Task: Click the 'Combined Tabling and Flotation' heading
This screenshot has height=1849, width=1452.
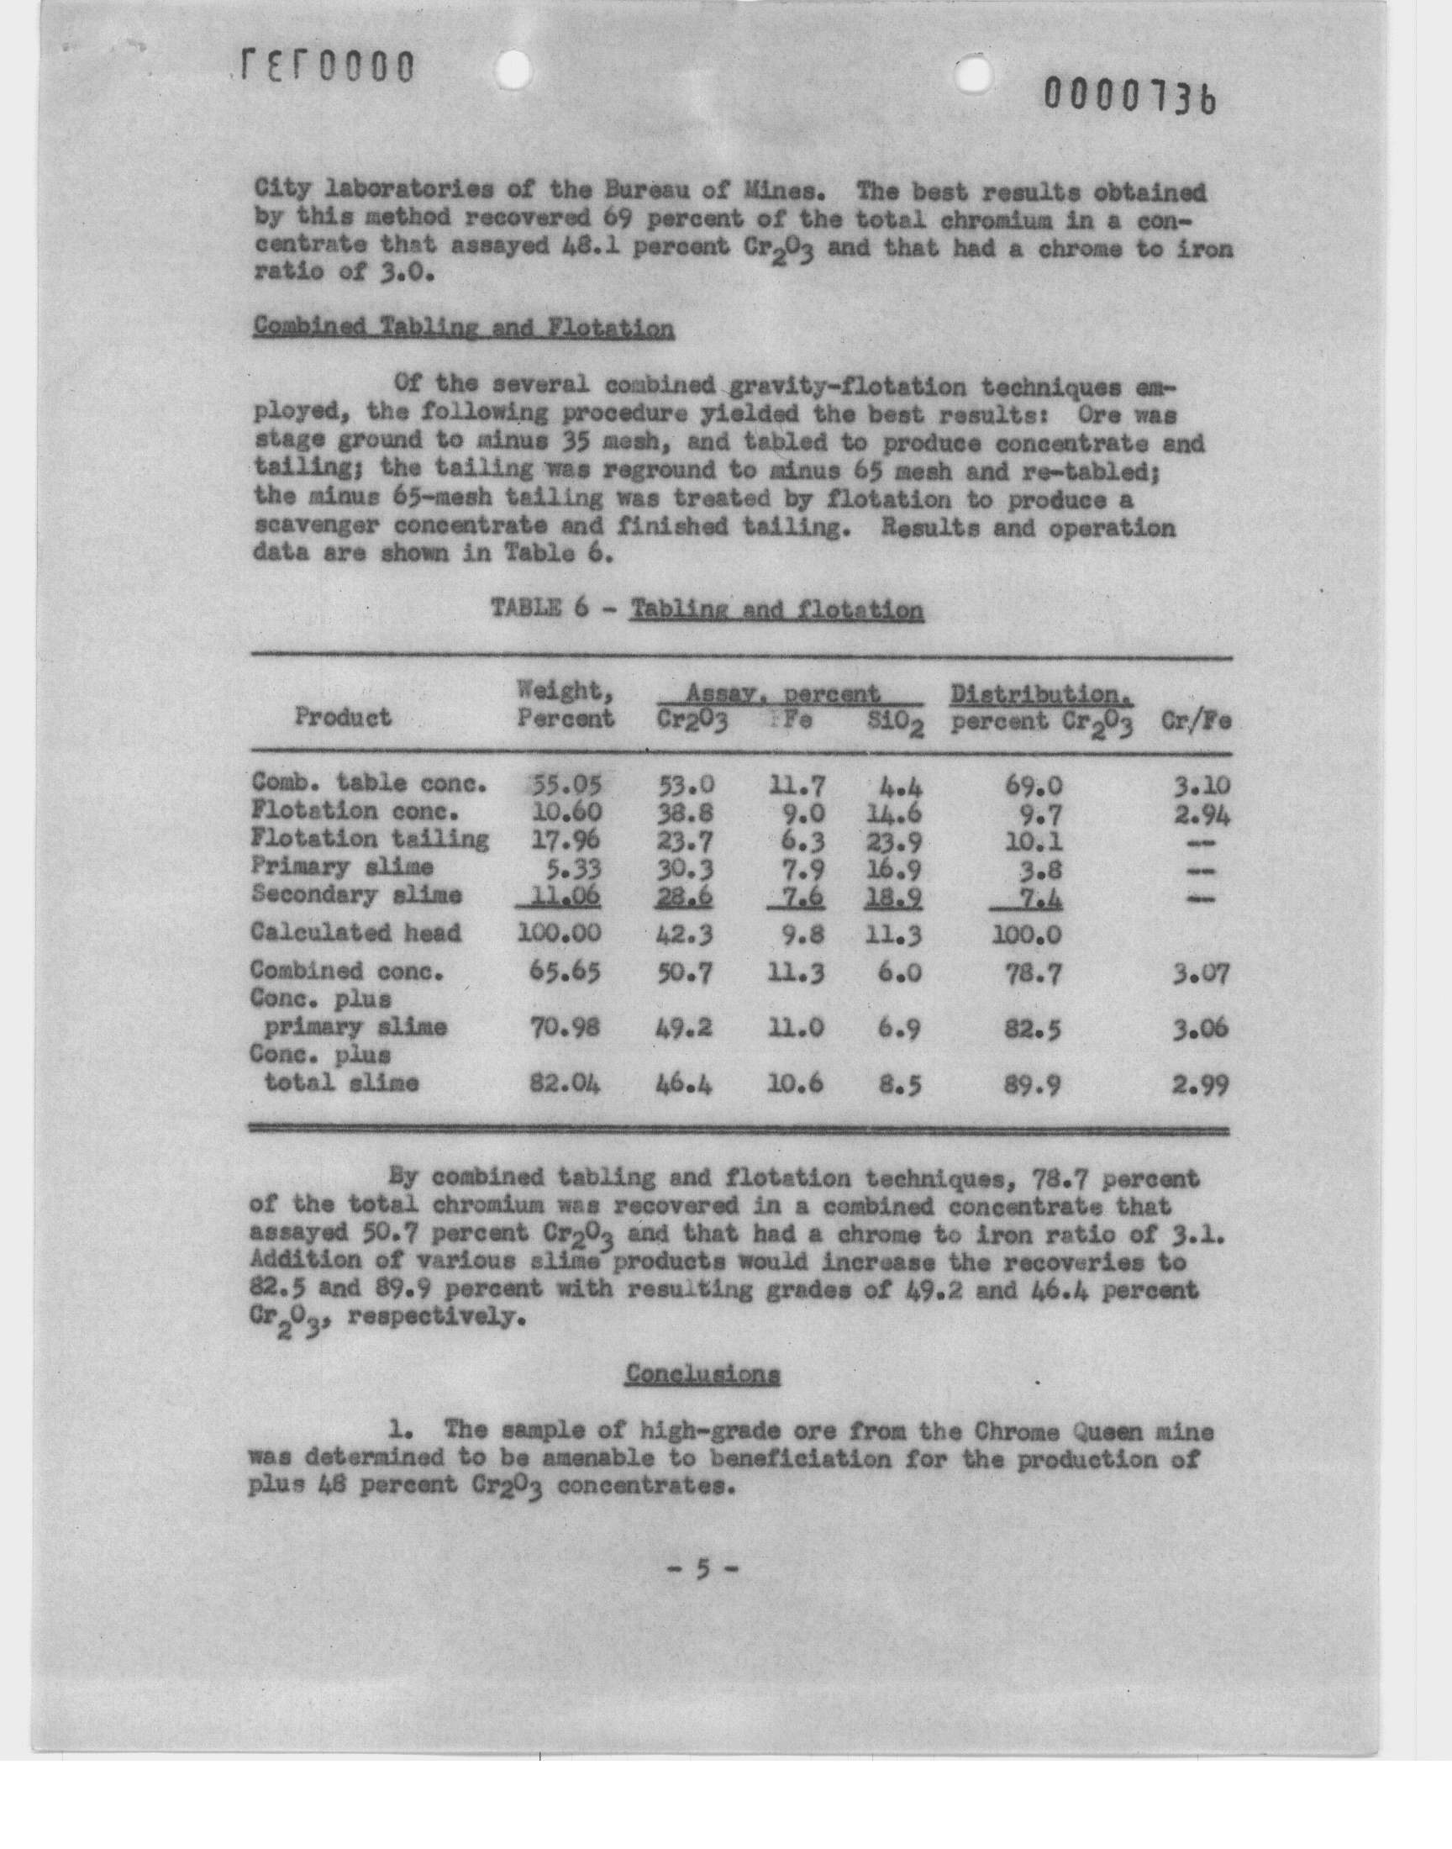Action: (463, 328)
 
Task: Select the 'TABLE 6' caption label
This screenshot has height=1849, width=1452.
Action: (539, 608)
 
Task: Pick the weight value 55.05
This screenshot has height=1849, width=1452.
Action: (566, 784)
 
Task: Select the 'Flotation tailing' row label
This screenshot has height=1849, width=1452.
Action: (370, 839)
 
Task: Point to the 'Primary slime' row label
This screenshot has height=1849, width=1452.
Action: (342, 867)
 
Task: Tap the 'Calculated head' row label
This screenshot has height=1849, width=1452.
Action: (355, 933)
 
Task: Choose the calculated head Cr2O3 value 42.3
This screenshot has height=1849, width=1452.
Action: (684, 935)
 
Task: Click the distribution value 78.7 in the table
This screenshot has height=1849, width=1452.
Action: (1032, 972)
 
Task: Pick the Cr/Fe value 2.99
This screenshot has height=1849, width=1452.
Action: (1200, 1085)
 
